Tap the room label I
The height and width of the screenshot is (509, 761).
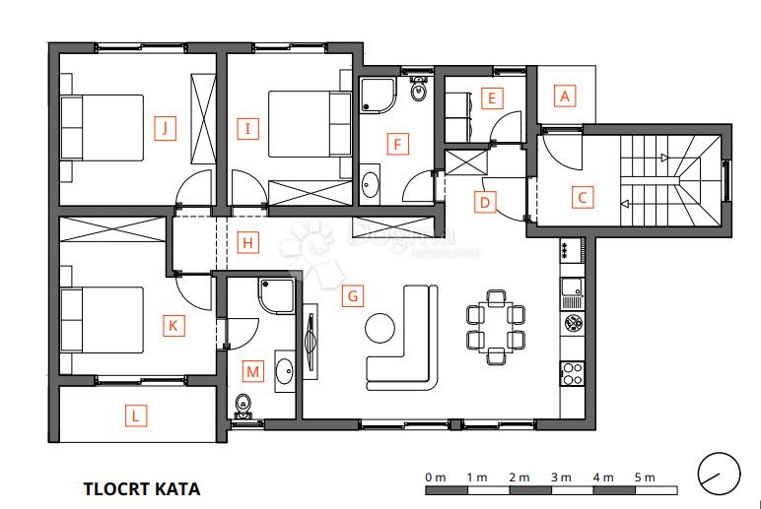(247, 127)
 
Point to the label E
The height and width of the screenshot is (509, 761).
(490, 98)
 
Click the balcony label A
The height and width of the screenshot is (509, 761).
(564, 96)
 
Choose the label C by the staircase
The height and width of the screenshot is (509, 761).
(583, 197)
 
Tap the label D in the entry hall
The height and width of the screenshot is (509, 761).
(483, 203)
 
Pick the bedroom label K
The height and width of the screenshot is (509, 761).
(173, 326)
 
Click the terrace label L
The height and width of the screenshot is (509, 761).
(136, 416)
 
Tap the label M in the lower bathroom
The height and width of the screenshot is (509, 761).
(253, 371)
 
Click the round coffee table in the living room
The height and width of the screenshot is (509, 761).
(380, 326)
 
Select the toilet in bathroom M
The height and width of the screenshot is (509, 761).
(242, 404)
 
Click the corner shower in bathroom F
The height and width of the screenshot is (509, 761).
(377, 95)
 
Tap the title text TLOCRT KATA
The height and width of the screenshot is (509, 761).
(142, 488)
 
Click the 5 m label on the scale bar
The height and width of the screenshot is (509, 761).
(645, 477)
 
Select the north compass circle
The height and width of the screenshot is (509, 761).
(718, 474)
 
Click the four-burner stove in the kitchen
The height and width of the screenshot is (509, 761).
(572, 372)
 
